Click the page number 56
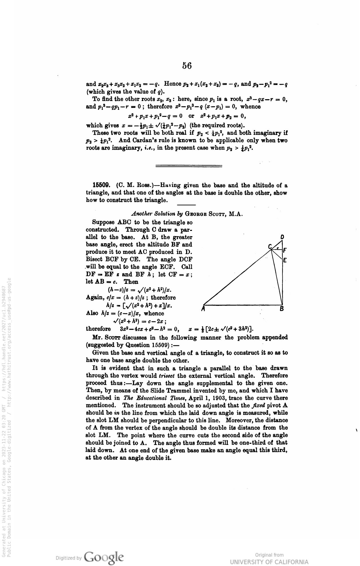(187, 66)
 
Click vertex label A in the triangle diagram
(203, 309)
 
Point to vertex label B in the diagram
(282, 309)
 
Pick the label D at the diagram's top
(282, 237)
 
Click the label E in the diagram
(285, 260)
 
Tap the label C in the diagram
(270, 246)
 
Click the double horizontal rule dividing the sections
(188, 166)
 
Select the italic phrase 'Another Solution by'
(157, 214)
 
